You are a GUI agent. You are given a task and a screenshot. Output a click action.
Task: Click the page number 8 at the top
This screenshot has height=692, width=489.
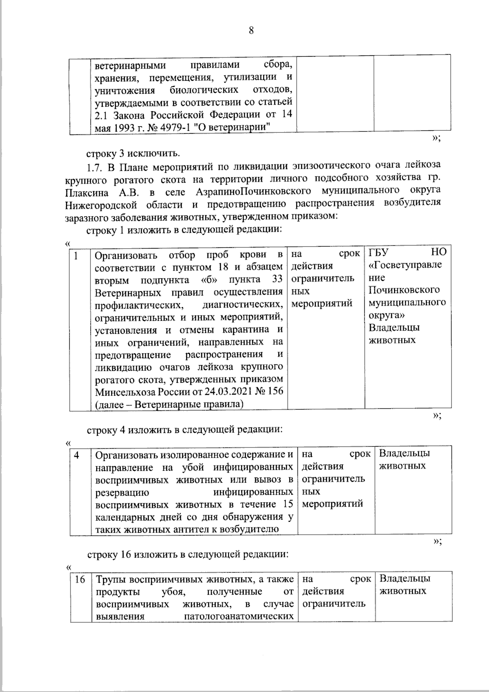pos(251,31)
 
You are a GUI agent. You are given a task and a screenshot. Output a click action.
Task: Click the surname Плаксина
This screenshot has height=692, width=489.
pos(86,192)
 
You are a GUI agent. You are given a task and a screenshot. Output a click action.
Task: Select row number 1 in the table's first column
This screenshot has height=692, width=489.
pos(76,255)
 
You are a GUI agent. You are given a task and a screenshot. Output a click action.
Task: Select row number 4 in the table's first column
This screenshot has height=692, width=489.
pos(77,454)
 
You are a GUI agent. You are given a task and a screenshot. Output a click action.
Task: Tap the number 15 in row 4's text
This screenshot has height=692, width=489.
pos(287,504)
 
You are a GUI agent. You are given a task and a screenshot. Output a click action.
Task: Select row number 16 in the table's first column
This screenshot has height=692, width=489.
pos(80,579)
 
